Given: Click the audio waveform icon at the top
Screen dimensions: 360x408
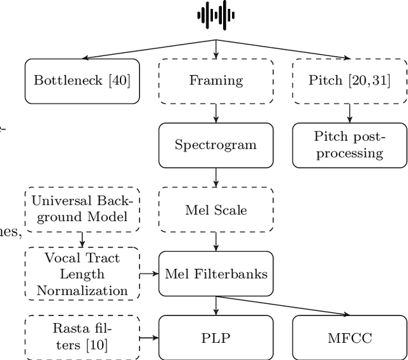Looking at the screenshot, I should click(215, 15).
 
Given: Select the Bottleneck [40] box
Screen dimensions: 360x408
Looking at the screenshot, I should click(82, 81).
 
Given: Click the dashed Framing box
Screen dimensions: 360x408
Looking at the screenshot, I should click(216, 81).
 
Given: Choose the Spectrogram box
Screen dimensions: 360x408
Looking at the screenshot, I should click(216, 145).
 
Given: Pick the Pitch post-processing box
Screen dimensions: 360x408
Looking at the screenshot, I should click(349, 145).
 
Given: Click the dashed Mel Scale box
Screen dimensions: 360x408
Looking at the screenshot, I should click(216, 210).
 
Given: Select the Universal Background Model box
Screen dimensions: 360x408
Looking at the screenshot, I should click(82, 210).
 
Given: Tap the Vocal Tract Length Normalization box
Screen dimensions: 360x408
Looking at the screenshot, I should click(82, 274).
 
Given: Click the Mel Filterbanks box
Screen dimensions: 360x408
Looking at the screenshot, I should click(216, 274).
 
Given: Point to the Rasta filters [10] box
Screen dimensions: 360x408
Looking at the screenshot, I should click(82, 337).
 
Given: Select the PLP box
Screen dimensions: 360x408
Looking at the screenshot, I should click(216, 337).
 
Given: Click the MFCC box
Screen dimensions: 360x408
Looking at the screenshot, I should click(349, 337).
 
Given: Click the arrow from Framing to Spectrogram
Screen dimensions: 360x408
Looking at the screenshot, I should click(216, 113).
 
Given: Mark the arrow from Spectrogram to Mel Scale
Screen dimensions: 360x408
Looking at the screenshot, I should click(216, 177).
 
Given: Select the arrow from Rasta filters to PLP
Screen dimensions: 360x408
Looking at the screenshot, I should click(149, 337).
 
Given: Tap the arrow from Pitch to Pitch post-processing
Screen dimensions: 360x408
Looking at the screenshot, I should click(349, 113).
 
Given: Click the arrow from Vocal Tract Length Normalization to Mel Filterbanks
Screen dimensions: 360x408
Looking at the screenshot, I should click(149, 274).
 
